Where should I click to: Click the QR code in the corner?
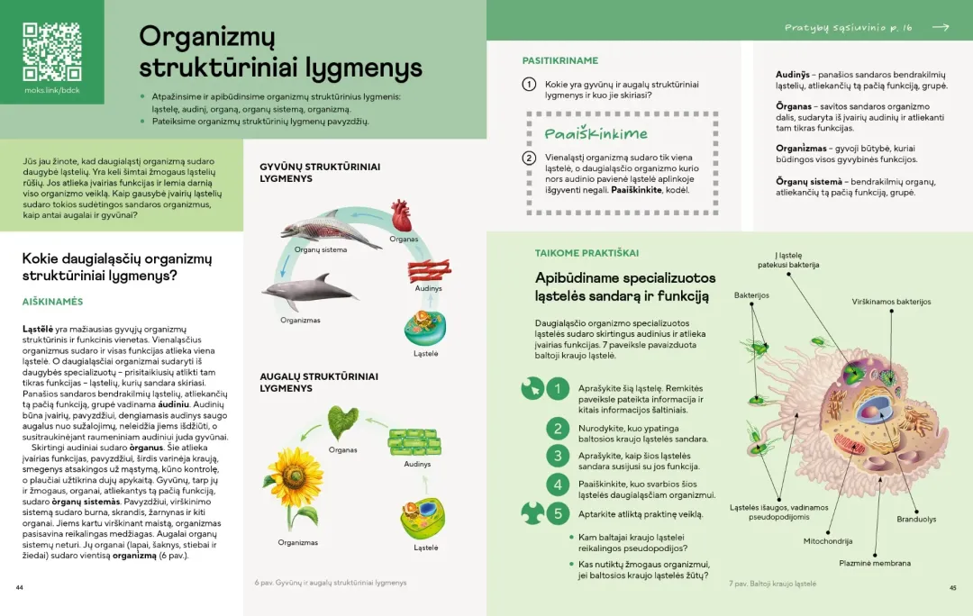coord(52,50)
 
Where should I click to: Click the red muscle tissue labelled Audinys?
coord(428,270)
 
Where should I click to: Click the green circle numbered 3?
coord(559,456)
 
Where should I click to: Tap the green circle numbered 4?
coord(559,485)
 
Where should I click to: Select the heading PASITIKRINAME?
coord(559,61)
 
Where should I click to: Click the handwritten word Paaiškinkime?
coord(596,134)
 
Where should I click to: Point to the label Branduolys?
coord(915,519)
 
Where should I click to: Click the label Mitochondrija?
coord(828,541)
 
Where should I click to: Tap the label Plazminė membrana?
coord(874,564)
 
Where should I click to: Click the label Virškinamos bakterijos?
coord(891,302)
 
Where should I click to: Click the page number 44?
coord(19,587)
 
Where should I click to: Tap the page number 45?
coord(952,587)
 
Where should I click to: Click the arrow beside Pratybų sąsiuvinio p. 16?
coord(941,28)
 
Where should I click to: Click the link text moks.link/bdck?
coord(52,90)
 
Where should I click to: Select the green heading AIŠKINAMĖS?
coord(52,302)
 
